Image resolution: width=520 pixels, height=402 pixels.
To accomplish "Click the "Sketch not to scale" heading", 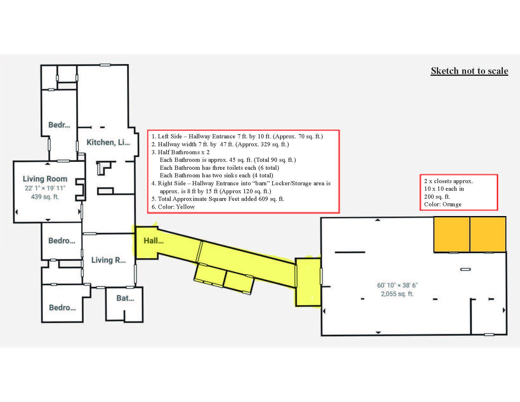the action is (x=469, y=71).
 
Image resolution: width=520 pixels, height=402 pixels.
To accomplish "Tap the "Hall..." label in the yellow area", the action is (x=154, y=241).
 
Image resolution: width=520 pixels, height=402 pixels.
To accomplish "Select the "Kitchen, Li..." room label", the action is (x=108, y=142).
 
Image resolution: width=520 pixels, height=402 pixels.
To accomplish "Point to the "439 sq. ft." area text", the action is (x=45, y=197).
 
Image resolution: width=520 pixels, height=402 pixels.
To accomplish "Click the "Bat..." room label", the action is (x=125, y=298).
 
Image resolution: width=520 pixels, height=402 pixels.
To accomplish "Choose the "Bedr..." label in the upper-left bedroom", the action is (x=59, y=125).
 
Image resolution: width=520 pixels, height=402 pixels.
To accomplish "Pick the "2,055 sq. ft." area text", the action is (x=397, y=294).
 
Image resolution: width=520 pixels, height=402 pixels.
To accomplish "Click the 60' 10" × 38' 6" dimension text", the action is (x=397, y=285).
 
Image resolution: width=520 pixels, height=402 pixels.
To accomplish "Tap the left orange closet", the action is (x=451, y=234).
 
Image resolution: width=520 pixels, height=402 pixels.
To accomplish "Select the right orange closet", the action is (x=488, y=234).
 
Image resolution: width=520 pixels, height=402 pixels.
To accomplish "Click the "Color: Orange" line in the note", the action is (x=443, y=204).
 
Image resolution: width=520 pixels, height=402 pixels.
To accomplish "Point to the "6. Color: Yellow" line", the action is (x=173, y=207).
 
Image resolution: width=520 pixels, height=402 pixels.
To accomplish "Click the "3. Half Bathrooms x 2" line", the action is (x=181, y=152).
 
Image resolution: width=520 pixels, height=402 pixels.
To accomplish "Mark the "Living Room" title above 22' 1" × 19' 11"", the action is (x=45, y=179).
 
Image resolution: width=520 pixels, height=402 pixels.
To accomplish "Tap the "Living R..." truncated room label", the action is (x=109, y=260).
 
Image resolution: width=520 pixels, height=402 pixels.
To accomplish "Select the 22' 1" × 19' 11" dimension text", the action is (x=45, y=188).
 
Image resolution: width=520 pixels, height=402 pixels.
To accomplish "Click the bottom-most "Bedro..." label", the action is (x=62, y=308).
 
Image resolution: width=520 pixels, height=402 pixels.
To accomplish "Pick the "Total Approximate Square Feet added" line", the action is (x=218, y=199).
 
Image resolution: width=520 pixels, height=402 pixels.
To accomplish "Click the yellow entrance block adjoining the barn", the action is (x=308, y=282).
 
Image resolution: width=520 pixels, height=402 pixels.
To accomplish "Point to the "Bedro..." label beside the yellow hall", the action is (x=62, y=241).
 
